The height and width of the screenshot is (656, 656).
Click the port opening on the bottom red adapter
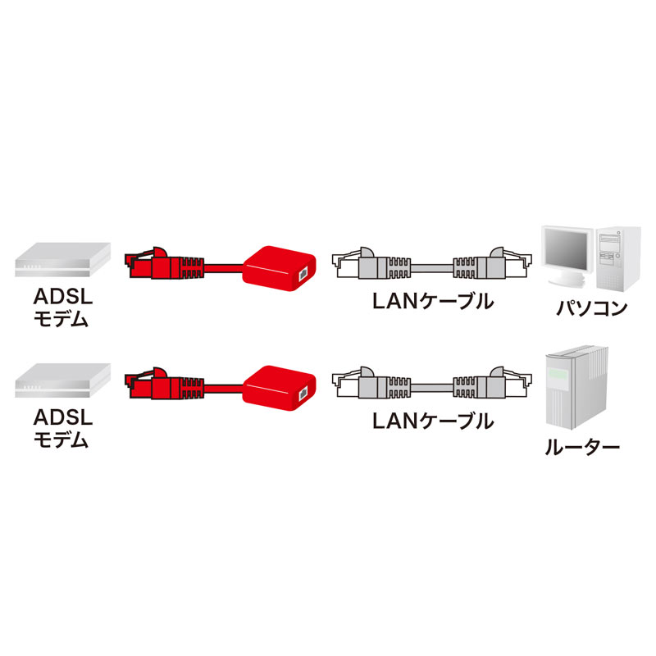305,392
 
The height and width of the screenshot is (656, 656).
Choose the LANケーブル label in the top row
432,301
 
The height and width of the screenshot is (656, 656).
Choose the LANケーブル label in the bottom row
432,421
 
